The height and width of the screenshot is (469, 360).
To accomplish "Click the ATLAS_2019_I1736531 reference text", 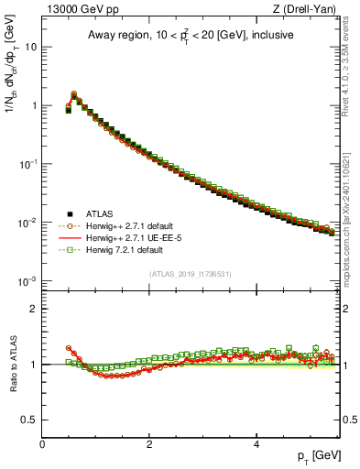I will [x=191, y=274].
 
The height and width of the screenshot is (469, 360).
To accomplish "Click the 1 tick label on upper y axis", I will [x=34, y=105].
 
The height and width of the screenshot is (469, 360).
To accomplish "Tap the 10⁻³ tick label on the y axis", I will [x=28, y=281].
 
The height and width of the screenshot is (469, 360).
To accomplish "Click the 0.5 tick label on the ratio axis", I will [x=29, y=420].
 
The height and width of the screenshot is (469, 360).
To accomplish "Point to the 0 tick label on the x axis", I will [x=42, y=444].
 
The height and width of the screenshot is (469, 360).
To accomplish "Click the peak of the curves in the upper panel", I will [x=74, y=93].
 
